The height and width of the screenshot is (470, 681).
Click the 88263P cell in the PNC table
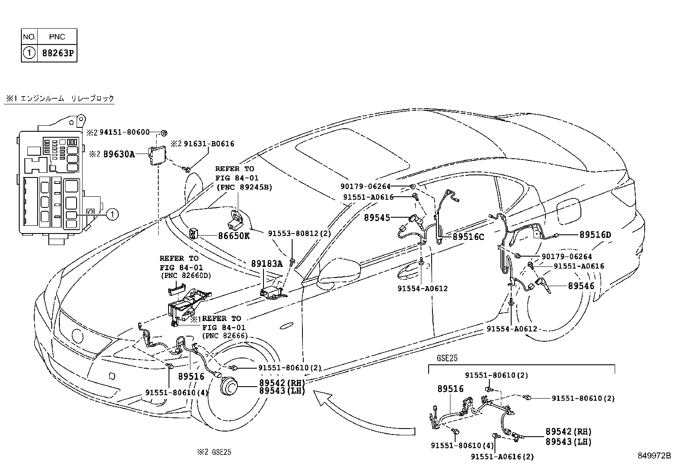(57, 53)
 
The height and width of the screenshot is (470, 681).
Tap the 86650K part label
(234, 236)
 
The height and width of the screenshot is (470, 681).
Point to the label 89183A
(266, 264)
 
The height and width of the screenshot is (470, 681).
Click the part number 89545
(377, 218)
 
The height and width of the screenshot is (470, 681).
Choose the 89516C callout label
(468, 236)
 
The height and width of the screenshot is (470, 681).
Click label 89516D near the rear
(595, 235)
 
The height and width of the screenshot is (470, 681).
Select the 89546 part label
(581, 286)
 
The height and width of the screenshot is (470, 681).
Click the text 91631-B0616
(209, 144)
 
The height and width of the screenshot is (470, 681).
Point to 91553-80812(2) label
(299, 234)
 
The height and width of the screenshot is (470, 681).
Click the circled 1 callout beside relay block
(111, 214)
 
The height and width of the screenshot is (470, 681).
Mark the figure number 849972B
(654, 455)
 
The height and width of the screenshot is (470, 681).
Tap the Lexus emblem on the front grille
(78, 335)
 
